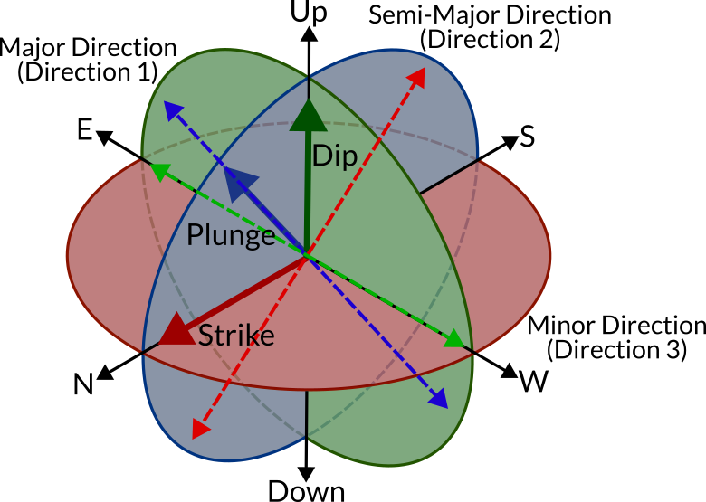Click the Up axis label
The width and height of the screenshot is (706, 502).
click(x=309, y=13)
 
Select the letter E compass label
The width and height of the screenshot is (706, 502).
click(x=84, y=131)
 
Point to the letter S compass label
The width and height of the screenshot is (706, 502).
click(x=528, y=137)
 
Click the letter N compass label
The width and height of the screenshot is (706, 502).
click(x=84, y=384)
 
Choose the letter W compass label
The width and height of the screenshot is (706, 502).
click(x=534, y=383)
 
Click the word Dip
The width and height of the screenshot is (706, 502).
click(x=334, y=156)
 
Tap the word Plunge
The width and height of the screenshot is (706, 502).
click(x=231, y=236)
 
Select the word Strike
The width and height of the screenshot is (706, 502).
click(x=236, y=336)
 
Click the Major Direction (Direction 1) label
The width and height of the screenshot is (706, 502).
click(x=89, y=60)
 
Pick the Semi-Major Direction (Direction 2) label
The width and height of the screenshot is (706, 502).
click(x=490, y=27)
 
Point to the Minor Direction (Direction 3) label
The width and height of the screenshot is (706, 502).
click(x=616, y=336)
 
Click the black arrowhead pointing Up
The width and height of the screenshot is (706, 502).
click(x=309, y=33)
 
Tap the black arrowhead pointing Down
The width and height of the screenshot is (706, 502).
click(x=306, y=472)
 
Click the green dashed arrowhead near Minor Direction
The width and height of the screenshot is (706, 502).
click(x=455, y=340)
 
